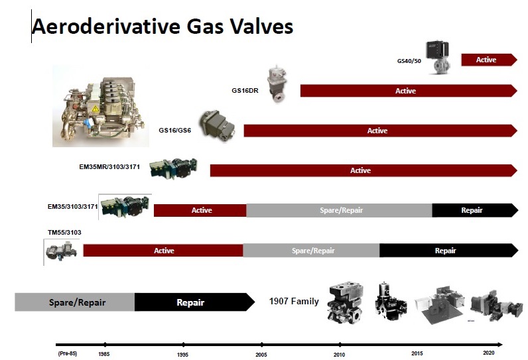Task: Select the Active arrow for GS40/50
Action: point(489,60)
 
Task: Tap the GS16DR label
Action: point(245,91)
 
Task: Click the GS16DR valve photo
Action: point(277,84)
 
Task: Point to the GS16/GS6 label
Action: point(174,130)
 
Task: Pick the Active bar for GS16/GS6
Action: point(380,131)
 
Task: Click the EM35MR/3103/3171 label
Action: point(109,167)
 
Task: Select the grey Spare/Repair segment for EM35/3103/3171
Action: point(339,210)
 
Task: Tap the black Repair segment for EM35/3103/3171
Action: point(475,210)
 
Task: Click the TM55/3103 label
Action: point(64,233)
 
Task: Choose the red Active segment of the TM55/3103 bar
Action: point(163,251)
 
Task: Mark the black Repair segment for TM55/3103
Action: point(448,251)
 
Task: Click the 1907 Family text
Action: point(294,301)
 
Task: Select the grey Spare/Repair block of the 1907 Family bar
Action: point(75,302)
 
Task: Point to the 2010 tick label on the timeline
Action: point(339,355)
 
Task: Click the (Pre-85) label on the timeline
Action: point(68,353)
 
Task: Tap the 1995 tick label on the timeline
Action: point(182,355)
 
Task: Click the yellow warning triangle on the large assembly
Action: point(96,108)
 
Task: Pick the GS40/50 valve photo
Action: point(438,57)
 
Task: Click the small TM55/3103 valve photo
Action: point(61,251)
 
